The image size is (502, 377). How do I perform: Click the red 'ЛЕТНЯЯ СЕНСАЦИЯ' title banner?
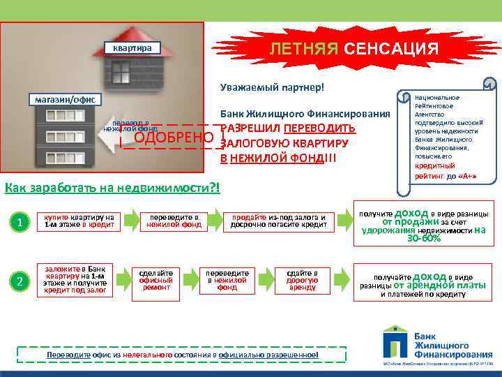(353, 48)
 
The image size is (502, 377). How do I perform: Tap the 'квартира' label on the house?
(132, 48)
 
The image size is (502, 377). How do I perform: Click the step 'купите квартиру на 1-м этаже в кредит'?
(79, 221)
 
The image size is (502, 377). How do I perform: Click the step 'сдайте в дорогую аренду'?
(302, 279)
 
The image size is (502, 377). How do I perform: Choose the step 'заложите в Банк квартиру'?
(74, 279)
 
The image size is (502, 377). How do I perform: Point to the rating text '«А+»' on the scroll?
(465, 177)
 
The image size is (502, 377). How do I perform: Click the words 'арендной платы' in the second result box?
(440, 285)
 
